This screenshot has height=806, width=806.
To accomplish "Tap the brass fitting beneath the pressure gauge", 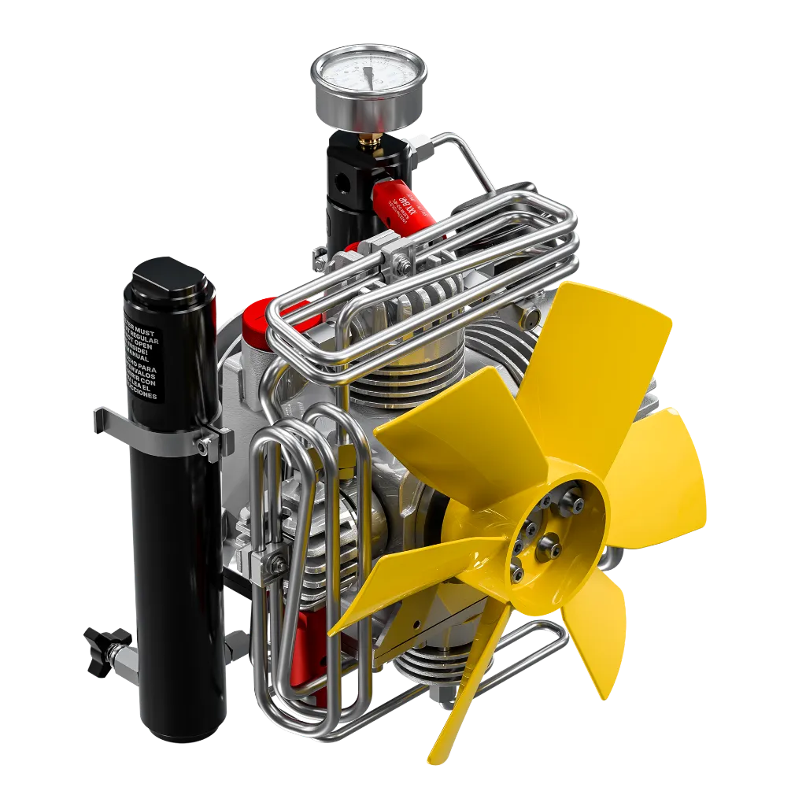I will pyautogui.click(x=366, y=139).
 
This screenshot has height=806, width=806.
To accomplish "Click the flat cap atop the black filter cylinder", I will pyautogui.click(x=166, y=272).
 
